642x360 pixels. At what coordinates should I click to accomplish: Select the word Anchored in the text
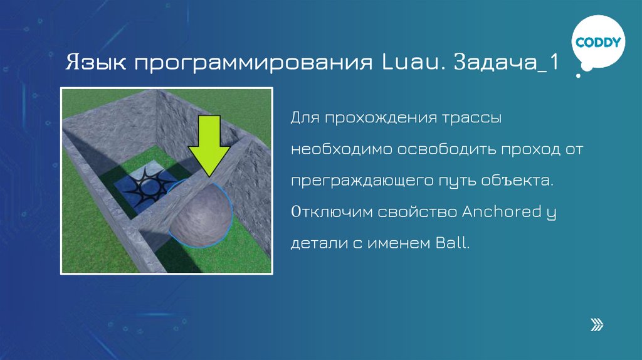[498, 212]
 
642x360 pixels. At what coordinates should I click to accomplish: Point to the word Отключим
[330, 212]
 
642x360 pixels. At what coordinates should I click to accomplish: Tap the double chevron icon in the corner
[597, 324]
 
